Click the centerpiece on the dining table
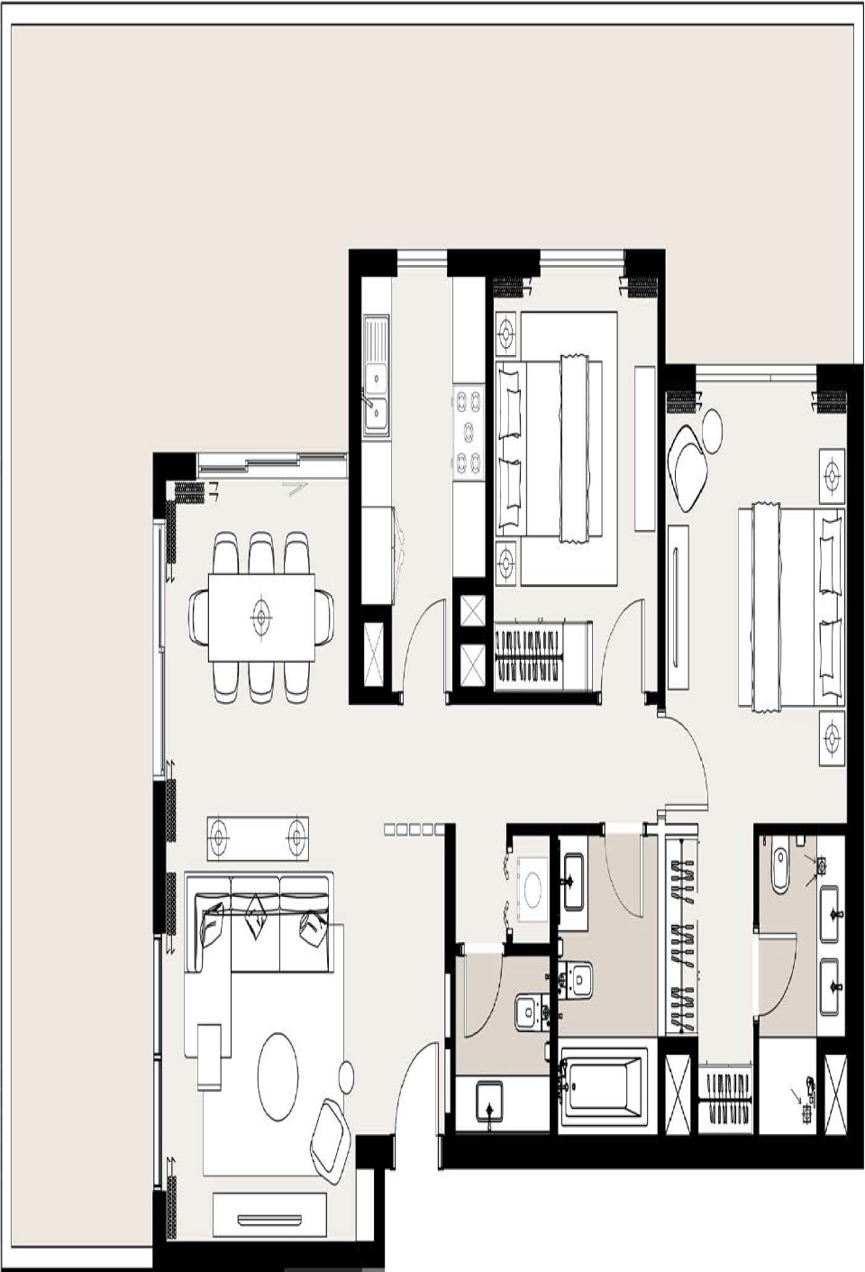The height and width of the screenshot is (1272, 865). (x=261, y=618)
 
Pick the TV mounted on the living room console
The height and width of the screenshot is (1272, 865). (x=269, y=1220)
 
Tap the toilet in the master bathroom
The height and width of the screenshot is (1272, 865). (x=780, y=868)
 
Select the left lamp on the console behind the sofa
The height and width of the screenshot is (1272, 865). (x=219, y=839)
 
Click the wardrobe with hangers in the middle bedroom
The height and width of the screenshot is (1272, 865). (x=541, y=655)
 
